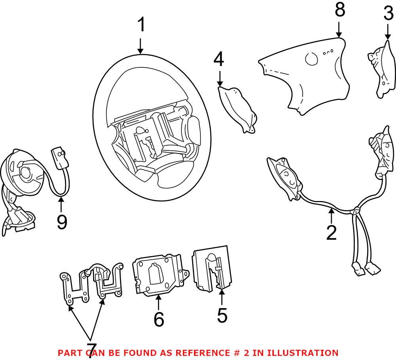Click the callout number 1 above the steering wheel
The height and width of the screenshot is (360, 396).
tap(141, 26)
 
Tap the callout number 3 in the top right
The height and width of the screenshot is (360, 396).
tap(388, 15)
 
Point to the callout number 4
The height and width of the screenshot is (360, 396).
tap(219, 60)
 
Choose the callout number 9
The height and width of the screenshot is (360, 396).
tap(61, 222)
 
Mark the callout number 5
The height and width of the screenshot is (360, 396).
tap(222, 315)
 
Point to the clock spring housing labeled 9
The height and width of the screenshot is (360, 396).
tap(22, 174)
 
